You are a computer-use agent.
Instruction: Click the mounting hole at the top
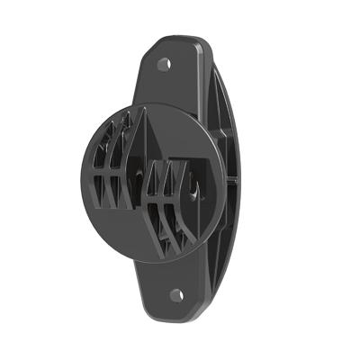click(164, 64)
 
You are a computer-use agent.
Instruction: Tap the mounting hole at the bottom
click(176, 294)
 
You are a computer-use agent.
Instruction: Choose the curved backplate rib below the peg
click(225, 229)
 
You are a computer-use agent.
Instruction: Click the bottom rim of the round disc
click(153, 258)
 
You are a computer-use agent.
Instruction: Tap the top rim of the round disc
click(157, 104)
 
